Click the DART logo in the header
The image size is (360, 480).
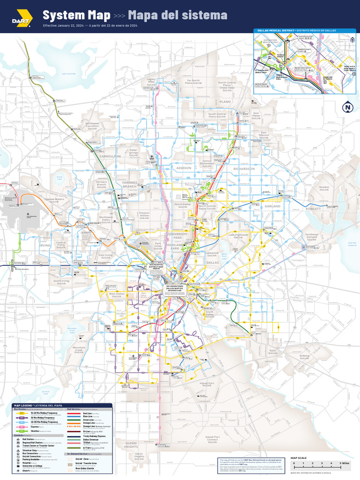click(22, 18)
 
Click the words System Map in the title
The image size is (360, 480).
click(76, 15)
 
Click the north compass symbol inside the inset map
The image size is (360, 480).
click(352, 40)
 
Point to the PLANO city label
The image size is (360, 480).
click(225, 101)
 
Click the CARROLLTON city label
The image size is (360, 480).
click(110, 156)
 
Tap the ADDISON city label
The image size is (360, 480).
click(184, 167)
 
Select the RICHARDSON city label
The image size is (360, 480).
click(244, 169)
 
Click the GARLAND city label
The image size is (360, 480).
click(272, 206)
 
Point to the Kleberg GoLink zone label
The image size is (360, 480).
click(305, 357)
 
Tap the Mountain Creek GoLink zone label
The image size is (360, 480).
click(79, 349)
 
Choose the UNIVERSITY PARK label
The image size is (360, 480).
click(178, 235)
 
